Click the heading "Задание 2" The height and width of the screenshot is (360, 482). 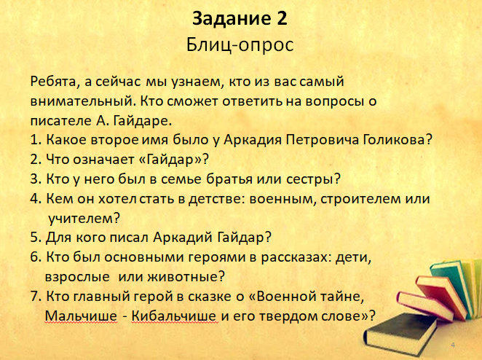point(240,18)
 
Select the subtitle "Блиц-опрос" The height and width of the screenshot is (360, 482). point(240,45)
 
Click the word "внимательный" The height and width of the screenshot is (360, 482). point(83,101)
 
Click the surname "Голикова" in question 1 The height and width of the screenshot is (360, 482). point(398,140)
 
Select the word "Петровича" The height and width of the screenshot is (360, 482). point(322,141)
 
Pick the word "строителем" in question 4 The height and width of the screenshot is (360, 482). point(360,199)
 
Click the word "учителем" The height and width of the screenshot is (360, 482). point(84,219)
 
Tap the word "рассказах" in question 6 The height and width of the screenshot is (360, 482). point(296,257)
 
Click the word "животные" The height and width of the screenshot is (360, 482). point(186,277)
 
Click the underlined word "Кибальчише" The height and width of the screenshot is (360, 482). point(175,316)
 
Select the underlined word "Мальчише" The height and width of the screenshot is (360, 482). point(81,316)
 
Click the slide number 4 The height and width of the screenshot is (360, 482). point(453,345)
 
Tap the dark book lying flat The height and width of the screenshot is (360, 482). point(400,334)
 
